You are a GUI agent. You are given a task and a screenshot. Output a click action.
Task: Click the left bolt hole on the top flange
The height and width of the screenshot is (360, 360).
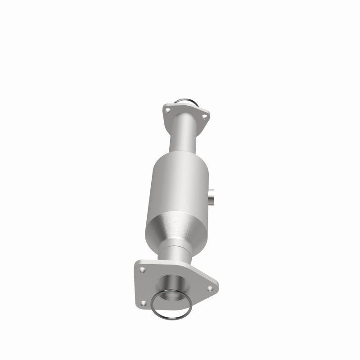[x=167, y=109]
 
